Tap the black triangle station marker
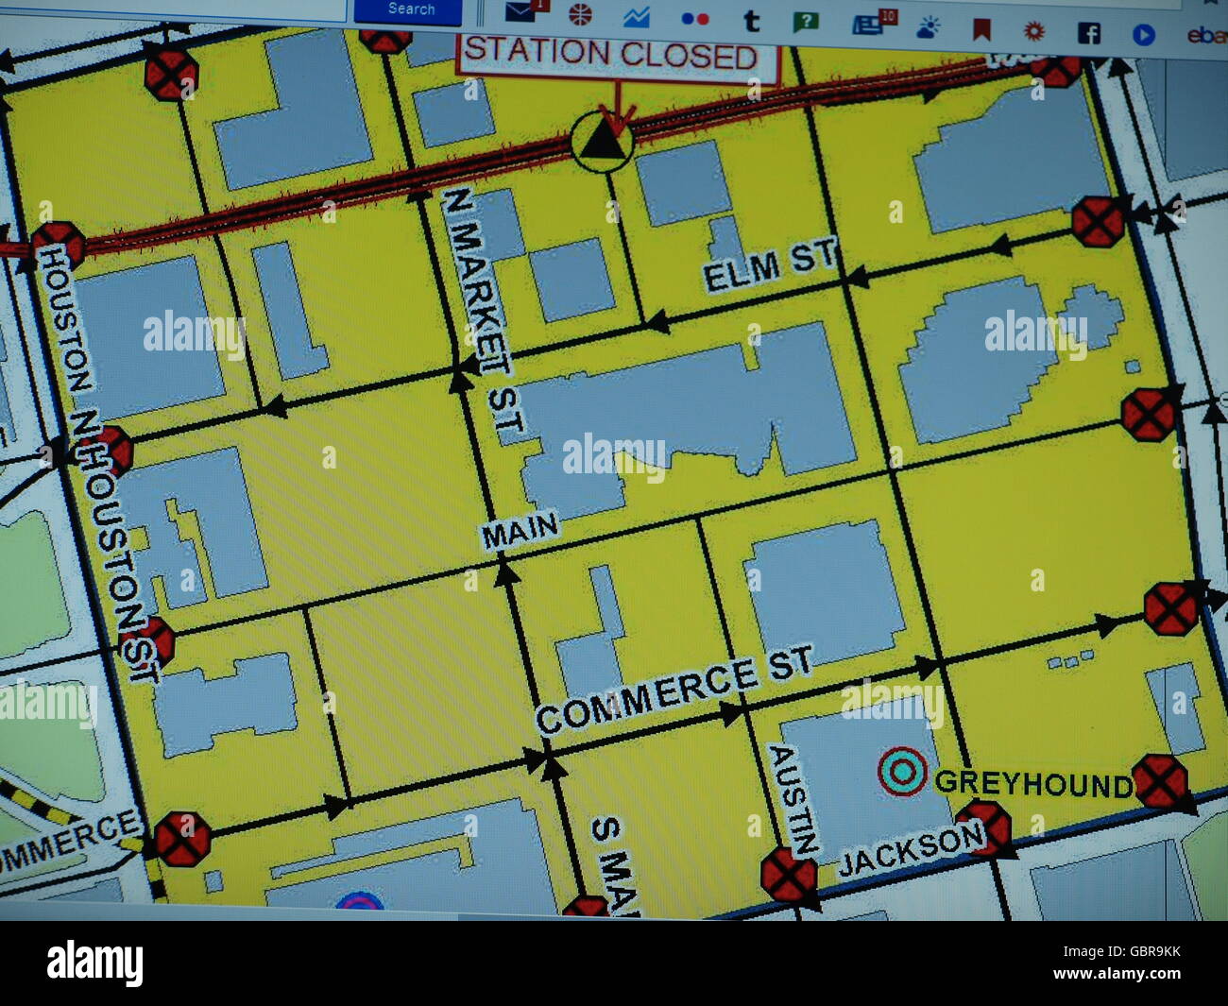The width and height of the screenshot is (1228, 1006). point(603,143)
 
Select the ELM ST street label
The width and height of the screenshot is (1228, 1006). point(770,265)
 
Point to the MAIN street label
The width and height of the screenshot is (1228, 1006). point(519,532)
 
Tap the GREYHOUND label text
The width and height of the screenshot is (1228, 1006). point(1032,783)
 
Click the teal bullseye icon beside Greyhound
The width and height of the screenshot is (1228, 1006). point(901,772)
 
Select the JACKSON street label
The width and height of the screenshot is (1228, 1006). point(911,848)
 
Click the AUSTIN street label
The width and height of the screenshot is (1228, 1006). point(794,799)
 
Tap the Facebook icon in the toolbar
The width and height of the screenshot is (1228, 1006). point(1088,33)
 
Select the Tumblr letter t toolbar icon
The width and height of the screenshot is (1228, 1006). point(751,21)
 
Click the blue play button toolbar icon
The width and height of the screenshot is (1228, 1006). point(1143,35)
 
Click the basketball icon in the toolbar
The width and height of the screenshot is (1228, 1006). point(580,14)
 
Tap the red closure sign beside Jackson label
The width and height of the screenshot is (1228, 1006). point(987,827)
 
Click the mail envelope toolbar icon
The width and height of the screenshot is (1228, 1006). point(522,11)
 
